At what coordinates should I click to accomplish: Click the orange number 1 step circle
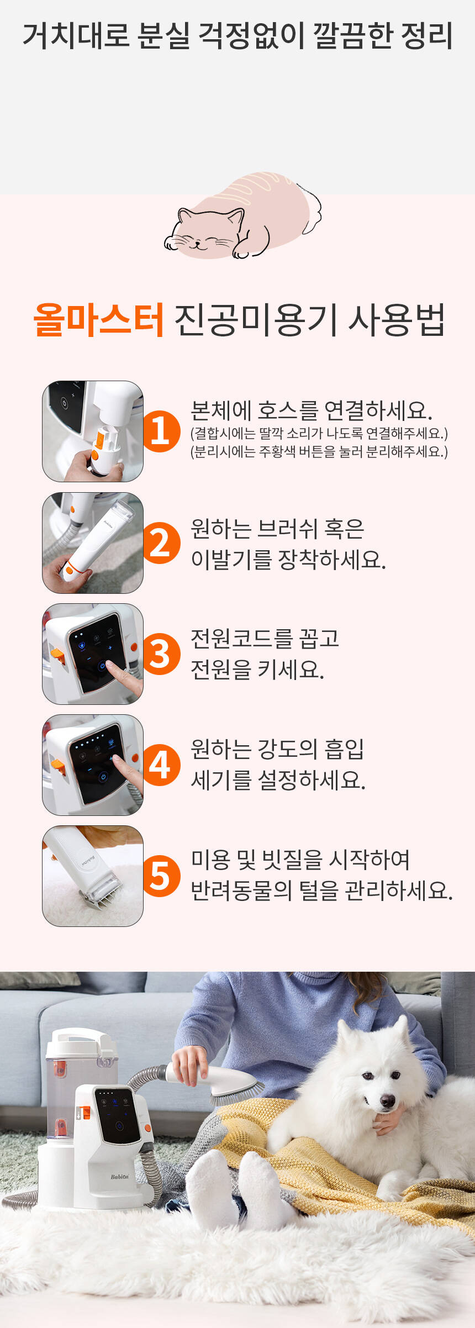160,431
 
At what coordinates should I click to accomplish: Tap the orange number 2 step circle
160,543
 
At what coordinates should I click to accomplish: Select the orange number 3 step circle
160,654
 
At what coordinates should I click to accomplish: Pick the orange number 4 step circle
160,765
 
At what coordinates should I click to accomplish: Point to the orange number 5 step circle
160,876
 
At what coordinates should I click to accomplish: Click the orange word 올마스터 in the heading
99,320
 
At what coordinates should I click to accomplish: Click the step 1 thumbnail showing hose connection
93,431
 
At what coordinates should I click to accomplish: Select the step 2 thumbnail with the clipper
93,543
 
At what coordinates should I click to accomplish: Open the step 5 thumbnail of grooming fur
93,876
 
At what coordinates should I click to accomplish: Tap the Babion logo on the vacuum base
119,1177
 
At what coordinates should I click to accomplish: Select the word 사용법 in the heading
397,320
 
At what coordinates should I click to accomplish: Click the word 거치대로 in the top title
76,36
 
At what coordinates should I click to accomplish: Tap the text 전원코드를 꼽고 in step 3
265,639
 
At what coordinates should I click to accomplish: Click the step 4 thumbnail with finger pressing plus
93,765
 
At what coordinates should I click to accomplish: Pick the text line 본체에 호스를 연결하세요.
312,410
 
